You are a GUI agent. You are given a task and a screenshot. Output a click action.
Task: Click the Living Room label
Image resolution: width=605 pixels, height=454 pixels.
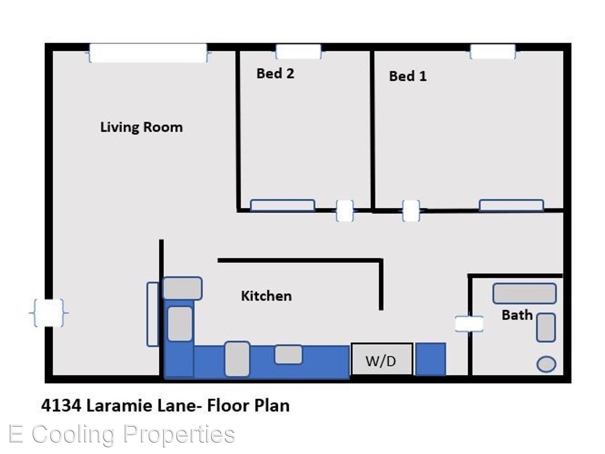click(x=141, y=127)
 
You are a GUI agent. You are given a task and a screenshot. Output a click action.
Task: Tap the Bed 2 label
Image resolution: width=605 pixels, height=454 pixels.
click(x=275, y=73)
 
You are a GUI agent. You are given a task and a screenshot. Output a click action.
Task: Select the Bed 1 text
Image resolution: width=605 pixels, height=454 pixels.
click(x=408, y=76)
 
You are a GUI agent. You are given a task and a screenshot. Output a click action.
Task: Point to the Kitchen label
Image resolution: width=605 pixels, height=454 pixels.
click(x=266, y=296)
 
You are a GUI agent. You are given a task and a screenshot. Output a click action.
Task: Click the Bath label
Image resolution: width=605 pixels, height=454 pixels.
click(x=517, y=315)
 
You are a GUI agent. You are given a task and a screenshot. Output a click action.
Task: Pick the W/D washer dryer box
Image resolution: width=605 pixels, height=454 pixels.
click(x=382, y=359)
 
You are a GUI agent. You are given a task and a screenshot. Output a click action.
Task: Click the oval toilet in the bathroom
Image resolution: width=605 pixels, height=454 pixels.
click(x=546, y=364)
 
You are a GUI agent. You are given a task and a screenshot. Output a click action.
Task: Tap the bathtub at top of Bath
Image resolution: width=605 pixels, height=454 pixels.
click(x=524, y=293)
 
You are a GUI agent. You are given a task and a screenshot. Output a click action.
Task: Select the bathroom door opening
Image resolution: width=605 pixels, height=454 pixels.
click(x=469, y=324)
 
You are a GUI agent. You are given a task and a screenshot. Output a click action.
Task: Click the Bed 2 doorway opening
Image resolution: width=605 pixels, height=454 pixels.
click(x=344, y=211)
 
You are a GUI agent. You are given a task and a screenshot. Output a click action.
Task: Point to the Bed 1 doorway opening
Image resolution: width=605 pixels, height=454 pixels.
click(x=411, y=211)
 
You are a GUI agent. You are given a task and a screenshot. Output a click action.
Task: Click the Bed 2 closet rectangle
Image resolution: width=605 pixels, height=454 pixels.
click(x=283, y=206)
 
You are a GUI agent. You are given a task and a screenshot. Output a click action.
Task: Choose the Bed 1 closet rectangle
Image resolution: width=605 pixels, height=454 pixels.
click(x=511, y=206)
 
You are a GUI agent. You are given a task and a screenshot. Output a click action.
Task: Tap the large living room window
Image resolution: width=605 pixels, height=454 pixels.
click(x=148, y=53)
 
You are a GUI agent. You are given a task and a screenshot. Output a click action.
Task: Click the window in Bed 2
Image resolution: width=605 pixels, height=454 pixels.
click(x=299, y=52)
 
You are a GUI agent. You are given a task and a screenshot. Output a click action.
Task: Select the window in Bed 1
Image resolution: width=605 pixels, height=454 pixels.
click(x=493, y=52)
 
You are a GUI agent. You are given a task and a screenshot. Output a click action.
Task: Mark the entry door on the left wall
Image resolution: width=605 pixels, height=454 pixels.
click(x=49, y=313)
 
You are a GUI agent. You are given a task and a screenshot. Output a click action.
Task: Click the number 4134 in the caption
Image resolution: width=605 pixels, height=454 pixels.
click(x=61, y=406)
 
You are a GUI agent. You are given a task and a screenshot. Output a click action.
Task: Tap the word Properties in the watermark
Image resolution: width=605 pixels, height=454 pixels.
click(x=179, y=435)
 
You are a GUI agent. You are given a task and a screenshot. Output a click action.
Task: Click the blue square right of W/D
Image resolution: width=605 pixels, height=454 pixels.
click(x=431, y=359)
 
